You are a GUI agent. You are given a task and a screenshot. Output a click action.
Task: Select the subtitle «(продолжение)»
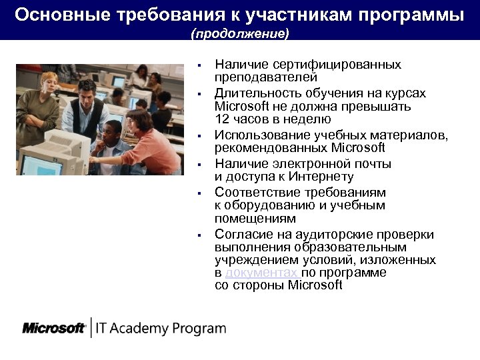pos(240,33)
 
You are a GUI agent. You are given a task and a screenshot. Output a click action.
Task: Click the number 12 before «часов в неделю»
pos(222,119)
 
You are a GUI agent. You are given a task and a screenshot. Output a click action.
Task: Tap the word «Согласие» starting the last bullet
pos(241,235)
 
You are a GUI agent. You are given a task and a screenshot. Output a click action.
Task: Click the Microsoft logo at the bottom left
pos(53,328)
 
